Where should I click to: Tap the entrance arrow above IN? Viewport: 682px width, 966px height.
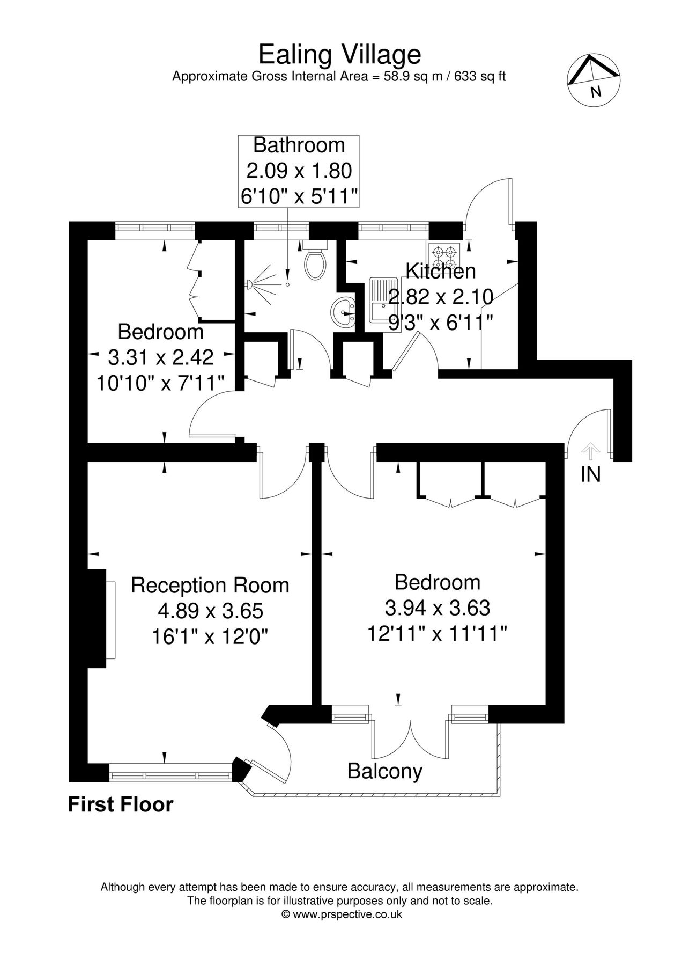point(590,451)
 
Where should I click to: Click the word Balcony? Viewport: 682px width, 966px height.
point(384,771)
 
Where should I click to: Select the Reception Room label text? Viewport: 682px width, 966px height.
point(210,585)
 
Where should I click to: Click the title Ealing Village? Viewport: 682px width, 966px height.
point(340,55)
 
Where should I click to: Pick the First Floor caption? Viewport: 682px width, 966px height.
point(121,804)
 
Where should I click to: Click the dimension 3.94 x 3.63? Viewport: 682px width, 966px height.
point(437,608)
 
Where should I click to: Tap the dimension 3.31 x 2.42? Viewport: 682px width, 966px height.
point(161,357)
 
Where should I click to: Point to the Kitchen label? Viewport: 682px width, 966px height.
point(441,272)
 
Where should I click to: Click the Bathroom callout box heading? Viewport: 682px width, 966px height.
point(299,145)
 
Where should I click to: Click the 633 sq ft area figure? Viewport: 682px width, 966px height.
point(480,76)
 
